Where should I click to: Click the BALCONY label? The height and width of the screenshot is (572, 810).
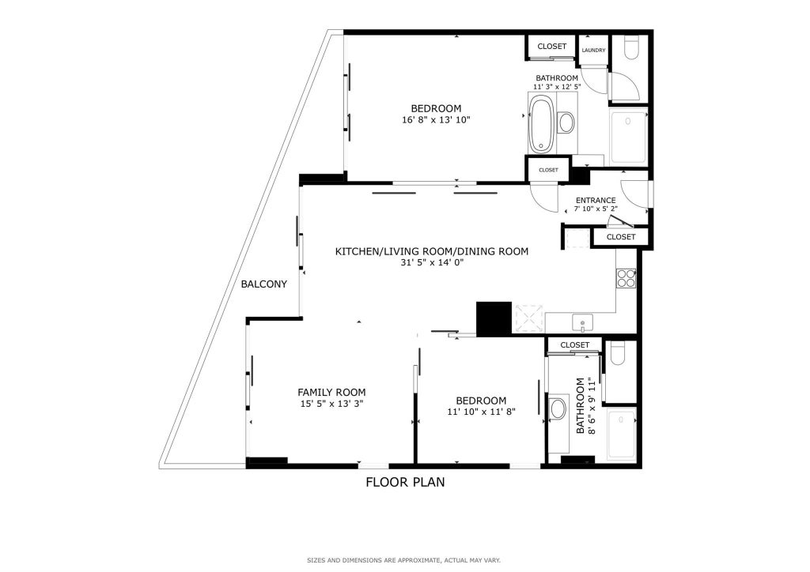[264, 284]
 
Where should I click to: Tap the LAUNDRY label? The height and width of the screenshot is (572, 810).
[593, 51]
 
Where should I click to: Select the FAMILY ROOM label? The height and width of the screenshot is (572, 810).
[331, 393]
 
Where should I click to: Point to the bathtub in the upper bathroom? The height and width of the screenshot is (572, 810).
[541, 124]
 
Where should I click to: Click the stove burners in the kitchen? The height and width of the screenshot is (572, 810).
[626, 279]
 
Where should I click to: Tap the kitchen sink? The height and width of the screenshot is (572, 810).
[582, 323]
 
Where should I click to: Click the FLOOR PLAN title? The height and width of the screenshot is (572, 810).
[405, 482]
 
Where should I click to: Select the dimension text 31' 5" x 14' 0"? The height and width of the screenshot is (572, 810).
[431, 262]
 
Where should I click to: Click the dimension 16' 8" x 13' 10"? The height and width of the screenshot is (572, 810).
[436, 120]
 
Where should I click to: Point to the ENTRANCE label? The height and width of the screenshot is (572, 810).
[596, 200]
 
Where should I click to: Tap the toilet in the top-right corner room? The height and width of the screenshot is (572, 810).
[631, 47]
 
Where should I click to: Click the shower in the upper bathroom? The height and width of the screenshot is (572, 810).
[628, 136]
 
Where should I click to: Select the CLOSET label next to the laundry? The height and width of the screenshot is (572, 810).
[551, 47]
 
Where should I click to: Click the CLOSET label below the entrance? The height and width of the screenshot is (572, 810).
[621, 237]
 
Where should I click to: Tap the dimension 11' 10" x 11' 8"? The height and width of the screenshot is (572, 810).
[482, 412]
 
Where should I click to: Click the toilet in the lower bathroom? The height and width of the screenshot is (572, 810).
[618, 353]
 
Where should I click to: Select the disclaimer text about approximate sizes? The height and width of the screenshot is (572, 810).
[404, 560]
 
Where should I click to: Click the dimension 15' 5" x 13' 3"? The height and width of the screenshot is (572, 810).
[331, 404]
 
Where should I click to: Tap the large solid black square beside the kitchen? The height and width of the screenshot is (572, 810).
[494, 318]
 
